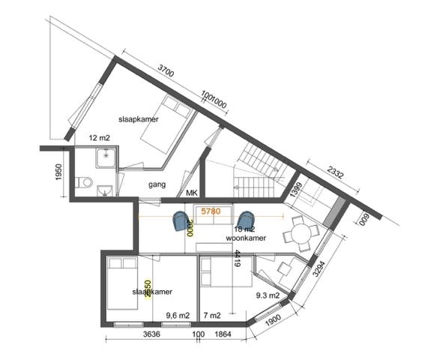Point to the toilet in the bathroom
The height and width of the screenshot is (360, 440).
[88, 182]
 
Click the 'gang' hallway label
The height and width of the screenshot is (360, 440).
[157, 184]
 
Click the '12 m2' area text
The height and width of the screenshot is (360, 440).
[99, 138]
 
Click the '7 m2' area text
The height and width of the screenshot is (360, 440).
[213, 315]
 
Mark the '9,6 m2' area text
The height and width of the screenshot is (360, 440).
[176, 315]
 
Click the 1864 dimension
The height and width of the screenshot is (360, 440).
[223, 335]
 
